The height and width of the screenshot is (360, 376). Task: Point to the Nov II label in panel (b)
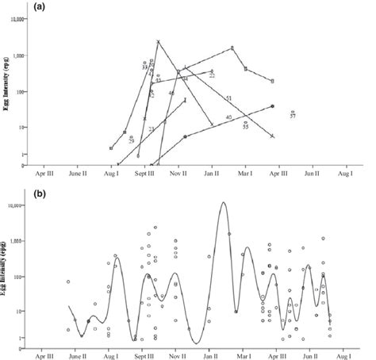pyautogui.click(x=179, y=353)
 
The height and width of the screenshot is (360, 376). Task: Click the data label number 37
pyautogui.click(x=293, y=117)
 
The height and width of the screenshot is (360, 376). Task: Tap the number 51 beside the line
pyautogui.click(x=228, y=98)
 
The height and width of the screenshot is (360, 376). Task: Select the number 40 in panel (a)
pyautogui.click(x=228, y=117)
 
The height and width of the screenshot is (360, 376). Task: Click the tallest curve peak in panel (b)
pyautogui.click(x=224, y=202)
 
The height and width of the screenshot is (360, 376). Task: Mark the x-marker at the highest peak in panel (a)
pyautogui.click(x=159, y=41)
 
